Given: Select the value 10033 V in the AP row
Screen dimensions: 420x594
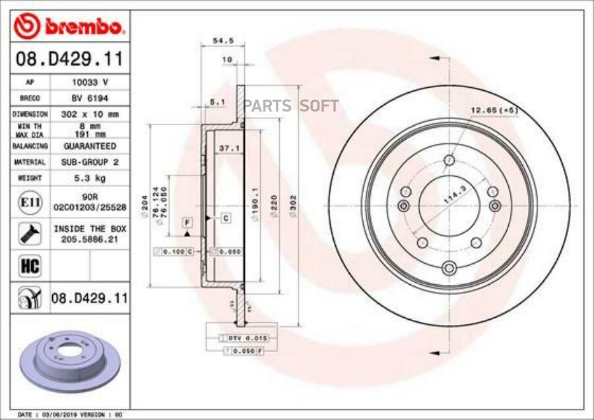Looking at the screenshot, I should (90, 82).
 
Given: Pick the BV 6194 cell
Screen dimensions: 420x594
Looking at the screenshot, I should (90, 98).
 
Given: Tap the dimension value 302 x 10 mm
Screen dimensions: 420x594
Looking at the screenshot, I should (90, 113).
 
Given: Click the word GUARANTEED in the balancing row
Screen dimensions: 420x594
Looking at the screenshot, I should (90, 146).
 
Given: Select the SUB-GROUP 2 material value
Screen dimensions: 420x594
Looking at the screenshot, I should (90, 162).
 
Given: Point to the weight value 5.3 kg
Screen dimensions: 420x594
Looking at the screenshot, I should (90, 178).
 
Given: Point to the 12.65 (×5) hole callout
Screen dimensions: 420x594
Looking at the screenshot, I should (494, 109).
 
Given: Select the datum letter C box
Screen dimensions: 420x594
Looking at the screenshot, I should (225, 217).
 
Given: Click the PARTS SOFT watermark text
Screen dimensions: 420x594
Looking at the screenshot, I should (292, 106).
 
